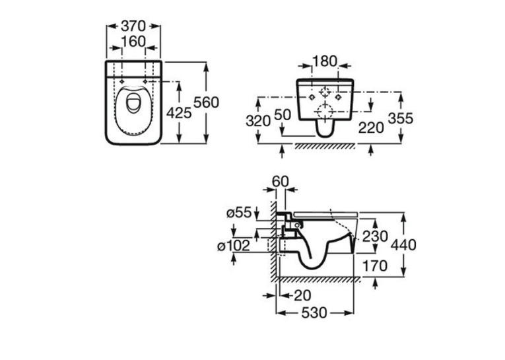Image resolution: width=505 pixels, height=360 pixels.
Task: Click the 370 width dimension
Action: coord(133,26)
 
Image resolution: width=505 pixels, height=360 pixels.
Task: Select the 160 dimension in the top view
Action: coord(133,41)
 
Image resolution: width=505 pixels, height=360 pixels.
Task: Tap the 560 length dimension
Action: coord(206,102)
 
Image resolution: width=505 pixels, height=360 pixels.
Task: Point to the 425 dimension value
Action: coord(179,113)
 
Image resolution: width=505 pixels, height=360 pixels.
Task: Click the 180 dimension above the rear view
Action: coord(325,61)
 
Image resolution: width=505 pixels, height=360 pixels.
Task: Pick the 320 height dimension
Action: coord(258,121)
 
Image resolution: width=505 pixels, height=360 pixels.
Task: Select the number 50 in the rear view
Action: coord(283,115)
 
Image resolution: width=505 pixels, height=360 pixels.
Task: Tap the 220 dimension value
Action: coord(371,128)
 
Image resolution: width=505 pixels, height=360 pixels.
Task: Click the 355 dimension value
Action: coord(400,118)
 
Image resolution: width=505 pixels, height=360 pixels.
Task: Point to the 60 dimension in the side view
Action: coord(281,182)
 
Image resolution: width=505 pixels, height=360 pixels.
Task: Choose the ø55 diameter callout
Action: coord(239,213)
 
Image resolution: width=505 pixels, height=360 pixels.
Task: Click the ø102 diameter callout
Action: coord(234,246)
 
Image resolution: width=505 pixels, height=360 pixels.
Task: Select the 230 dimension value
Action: coord(375,236)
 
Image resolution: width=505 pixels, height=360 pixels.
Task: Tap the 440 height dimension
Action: coord(403,244)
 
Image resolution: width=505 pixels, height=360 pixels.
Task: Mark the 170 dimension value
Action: coord(374,266)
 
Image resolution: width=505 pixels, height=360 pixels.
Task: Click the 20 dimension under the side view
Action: coord(302,295)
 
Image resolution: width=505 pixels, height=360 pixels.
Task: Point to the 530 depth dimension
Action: coord(314,312)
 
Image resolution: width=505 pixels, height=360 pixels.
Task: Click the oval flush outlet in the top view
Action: coord(133,103)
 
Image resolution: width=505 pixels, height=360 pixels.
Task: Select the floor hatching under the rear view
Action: coord(324,146)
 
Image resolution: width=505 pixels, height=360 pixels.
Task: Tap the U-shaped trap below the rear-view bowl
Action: coord(325,129)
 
